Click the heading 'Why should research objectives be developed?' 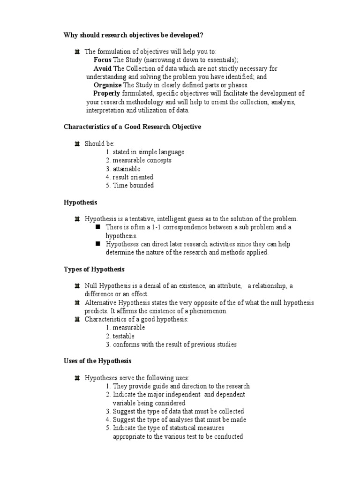pos(134,35)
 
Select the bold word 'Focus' pos(102,60)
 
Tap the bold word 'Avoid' pos(102,68)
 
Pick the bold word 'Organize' pos(107,85)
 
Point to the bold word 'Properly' pos(107,94)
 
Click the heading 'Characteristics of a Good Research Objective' pos(132,127)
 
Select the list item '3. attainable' pos(123,169)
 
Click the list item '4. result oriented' pos(129,177)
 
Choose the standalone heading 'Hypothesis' pos(80,202)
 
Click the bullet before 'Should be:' pos(77,144)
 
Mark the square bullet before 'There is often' pos(98,227)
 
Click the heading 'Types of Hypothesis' pos(94,269)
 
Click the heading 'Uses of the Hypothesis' pos(97,361)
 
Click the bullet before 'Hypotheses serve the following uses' pos(77,378)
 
